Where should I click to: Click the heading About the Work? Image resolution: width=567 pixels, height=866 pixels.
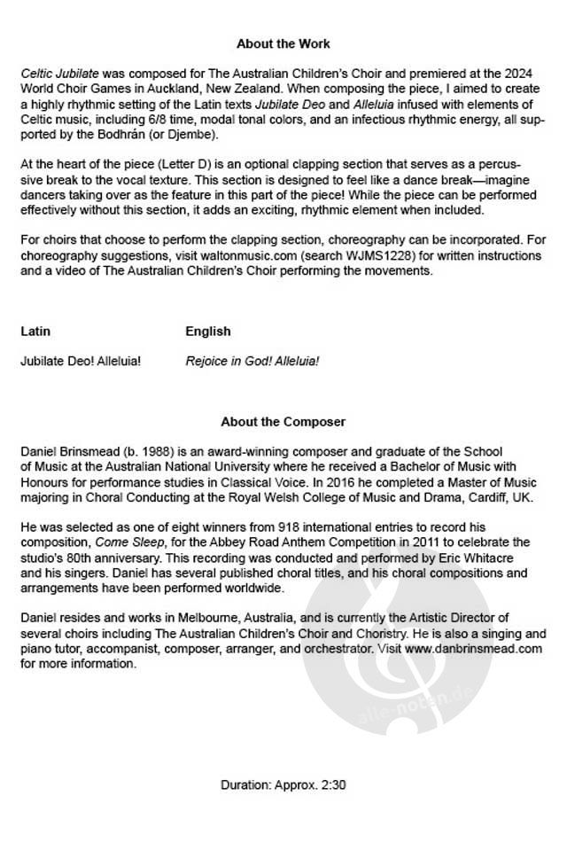(x=283, y=43)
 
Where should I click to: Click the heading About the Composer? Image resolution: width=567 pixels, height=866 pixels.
(x=283, y=422)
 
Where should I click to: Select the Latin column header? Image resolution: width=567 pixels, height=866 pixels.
(x=35, y=332)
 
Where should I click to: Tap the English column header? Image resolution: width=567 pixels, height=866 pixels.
(x=207, y=332)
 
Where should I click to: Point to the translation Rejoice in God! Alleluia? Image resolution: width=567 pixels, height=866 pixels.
(x=252, y=361)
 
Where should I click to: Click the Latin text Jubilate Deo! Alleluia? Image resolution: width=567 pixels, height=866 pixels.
(x=80, y=361)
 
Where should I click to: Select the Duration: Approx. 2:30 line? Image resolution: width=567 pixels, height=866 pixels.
(x=283, y=784)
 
